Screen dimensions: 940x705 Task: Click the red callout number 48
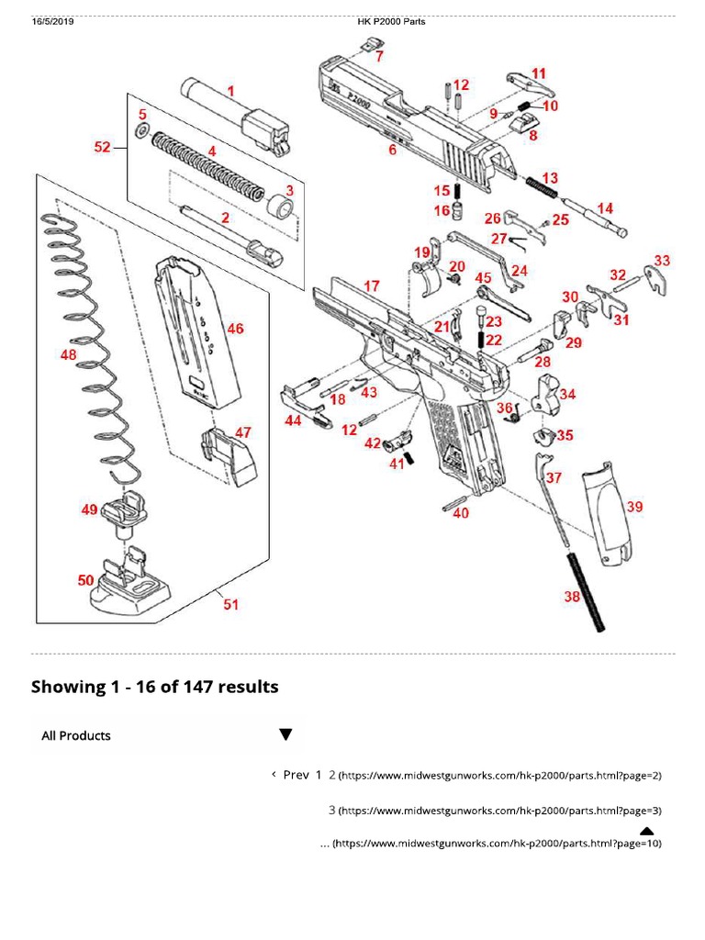(69, 354)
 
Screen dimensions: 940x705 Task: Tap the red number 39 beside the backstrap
(634, 507)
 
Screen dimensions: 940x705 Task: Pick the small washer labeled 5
(141, 132)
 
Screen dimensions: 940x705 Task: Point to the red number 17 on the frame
(371, 286)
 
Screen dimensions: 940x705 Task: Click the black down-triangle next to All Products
(285, 734)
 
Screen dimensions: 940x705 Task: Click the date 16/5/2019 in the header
(52, 22)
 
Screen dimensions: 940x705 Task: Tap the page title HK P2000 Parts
(391, 22)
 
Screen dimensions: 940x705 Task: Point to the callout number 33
(661, 261)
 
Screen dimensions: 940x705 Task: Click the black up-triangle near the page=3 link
(646, 832)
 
